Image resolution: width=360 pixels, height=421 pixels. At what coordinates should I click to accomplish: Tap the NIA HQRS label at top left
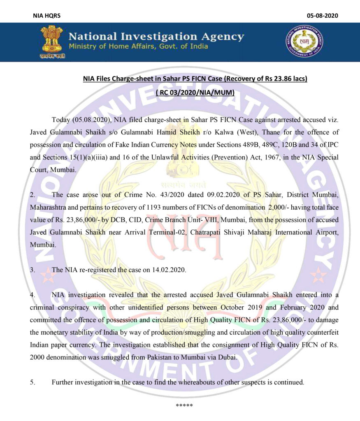pyautogui.click(x=46, y=16)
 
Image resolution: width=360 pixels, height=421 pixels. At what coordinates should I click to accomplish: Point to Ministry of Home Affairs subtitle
pyautogui.click(x=138, y=46)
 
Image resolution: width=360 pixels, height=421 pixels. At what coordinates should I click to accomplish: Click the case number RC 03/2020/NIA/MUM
pyautogui.click(x=195, y=93)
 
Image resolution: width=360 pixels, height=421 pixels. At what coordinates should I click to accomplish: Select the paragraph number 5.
pyautogui.click(x=33, y=382)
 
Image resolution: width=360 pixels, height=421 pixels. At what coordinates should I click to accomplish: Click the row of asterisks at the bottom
pyautogui.click(x=184, y=406)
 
